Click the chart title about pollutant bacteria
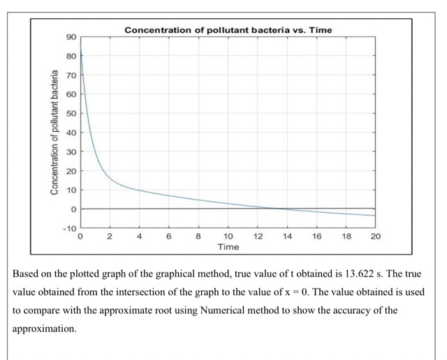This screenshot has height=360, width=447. [228, 30]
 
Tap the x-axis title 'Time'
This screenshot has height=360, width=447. [228, 247]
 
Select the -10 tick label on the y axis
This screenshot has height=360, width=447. [69, 229]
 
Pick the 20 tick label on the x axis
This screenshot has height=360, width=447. [375, 237]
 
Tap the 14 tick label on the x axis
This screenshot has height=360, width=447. [286, 237]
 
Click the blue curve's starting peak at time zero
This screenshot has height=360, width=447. [81, 46]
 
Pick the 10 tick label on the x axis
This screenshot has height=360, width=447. [228, 237]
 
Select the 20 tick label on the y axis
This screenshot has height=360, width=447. [71, 171]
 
